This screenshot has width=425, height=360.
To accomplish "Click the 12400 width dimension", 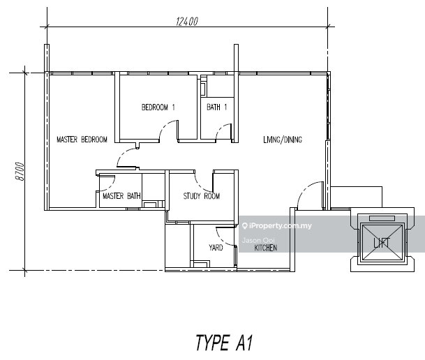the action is click(x=187, y=22).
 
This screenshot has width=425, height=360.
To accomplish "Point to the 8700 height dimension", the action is click(x=20, y=172).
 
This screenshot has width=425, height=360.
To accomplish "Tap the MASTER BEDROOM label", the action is click(x=82, y=140).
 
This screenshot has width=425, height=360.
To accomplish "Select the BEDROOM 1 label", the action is click(x=158, y=107).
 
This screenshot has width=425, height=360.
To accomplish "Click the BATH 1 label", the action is click(x=217, y=107).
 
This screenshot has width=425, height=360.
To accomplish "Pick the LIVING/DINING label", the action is click(x=283, y=140).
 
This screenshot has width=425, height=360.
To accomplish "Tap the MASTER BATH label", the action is click(x=121, y=196).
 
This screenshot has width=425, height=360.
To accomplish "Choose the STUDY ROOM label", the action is click(x=202, y=196).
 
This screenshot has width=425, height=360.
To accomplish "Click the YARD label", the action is click(x=216, y=247).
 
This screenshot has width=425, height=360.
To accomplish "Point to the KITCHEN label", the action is click(x=266, y=248).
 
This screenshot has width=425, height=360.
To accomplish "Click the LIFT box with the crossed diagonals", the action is click(x=382, y=242).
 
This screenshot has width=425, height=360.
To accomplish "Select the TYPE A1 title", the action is click(x=225, y=343).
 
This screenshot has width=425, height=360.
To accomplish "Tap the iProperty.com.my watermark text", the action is click(x=281, y=225).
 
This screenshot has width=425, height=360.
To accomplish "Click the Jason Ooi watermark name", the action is click(x=258, y=240).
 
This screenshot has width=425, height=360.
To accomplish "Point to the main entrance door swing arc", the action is click(x=305, y=189).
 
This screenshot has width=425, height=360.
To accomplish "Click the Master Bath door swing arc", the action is click(x=112, y=186).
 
